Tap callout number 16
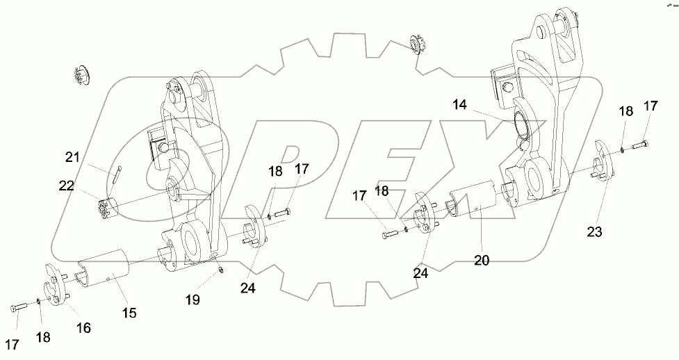coord(82,327)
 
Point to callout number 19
coord(193,300)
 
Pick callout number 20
coord(482,260)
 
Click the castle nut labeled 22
coord(108,207)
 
